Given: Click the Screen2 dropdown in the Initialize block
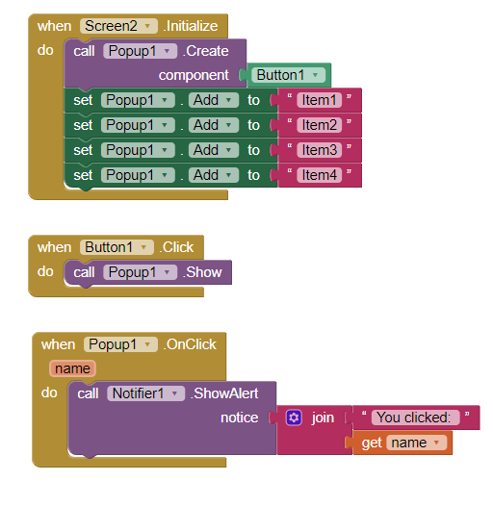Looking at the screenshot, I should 118,26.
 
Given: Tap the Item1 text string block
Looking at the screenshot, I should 319,100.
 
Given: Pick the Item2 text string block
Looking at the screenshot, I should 319,125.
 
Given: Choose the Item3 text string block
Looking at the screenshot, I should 319,150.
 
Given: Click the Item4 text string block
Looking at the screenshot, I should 319,175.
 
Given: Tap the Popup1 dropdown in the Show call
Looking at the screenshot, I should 140,272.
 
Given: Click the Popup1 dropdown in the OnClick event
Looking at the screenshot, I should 121,344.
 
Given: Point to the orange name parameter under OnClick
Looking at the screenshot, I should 72,368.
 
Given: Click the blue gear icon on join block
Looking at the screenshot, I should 295,418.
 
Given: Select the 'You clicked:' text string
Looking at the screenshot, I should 416,418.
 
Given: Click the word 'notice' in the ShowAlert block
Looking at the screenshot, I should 239,418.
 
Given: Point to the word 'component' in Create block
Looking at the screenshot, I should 194,75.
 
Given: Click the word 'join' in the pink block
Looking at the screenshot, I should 323,418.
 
